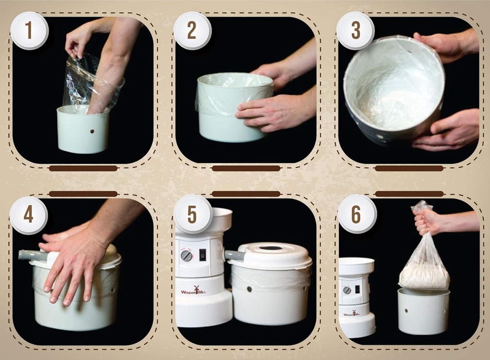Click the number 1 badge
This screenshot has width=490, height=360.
pos(29,31)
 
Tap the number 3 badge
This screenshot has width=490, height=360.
pos(355,31)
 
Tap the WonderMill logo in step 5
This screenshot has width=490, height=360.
pos(193,290)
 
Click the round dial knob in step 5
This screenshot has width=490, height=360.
pos(186,256)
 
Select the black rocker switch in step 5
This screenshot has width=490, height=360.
pos(202,254)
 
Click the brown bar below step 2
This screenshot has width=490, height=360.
pos(246,169)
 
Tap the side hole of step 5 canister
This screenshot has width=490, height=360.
pos(249,289)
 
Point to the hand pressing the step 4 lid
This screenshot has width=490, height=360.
pos(74,259)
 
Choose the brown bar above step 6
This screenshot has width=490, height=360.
pos(409,193)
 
